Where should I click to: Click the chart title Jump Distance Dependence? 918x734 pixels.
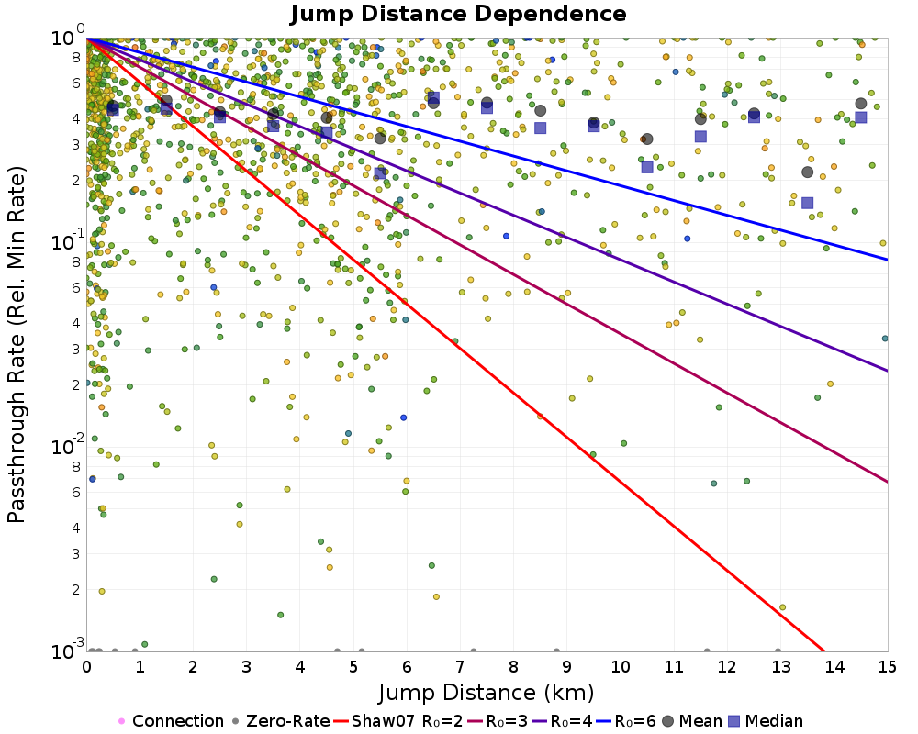pos(458,15)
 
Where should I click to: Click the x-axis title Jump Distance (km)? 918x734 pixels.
pos(487,691)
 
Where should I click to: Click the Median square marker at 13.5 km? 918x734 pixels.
pos(808,203)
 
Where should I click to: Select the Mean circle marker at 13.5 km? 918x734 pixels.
pos(808,172)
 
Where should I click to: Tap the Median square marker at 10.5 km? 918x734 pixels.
pos(647,167)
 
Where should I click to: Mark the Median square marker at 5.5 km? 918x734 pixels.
pos(380,173)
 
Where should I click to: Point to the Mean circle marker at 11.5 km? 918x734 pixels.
pos(700,118)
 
